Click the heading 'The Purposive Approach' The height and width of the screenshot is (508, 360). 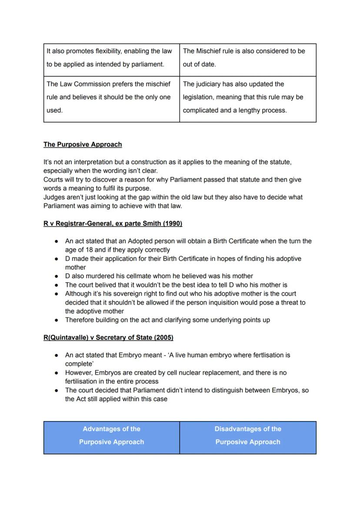(83, 144)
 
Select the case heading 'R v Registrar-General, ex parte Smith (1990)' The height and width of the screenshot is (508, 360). (113, 223)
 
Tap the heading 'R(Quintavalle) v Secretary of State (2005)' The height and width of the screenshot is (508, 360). (108, 337)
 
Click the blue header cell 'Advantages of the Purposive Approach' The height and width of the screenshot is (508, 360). (111, 435)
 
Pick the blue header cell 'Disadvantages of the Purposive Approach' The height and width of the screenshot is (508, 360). (248, 435)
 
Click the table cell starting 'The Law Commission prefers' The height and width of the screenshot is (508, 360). (111, 97)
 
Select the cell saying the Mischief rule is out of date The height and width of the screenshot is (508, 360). (248, 58)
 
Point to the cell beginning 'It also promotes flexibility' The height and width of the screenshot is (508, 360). (111, 58)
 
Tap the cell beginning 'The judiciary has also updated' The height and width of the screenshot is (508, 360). (248, 97)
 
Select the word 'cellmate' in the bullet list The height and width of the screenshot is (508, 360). (153, 276)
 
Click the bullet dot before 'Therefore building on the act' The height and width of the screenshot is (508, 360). (57, 320)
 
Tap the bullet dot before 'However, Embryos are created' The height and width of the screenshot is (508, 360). (57, 373)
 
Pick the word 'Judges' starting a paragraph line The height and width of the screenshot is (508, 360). (53, 197)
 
